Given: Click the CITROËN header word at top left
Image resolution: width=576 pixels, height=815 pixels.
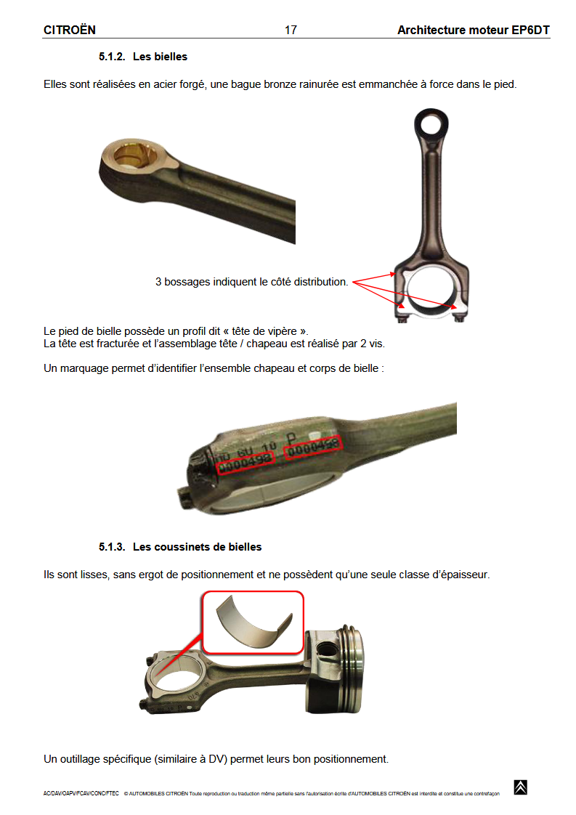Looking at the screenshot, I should pyautogui.click(x=70, y=30).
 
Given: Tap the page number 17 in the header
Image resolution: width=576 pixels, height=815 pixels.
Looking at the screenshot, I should pyautogui.click(x=291, y=30).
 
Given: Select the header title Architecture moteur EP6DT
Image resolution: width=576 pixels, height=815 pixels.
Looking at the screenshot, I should pyautogui.click(x=473, y=30).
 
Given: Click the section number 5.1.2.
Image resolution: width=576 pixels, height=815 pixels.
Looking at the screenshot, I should pyautogui.click(x=113, y=56).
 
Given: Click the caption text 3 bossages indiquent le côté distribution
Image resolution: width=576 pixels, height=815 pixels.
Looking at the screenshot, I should pyautogui.click(x=251, y=281).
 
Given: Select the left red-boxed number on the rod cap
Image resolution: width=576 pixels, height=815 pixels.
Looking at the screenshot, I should pyautogui.click(x=246, y=459).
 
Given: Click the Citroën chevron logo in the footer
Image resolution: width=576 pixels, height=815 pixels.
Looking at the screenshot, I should pyautogui.click(x=520, y=787).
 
